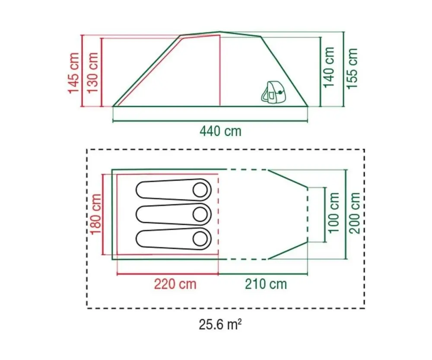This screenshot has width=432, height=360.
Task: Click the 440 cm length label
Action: (x=220, y=131)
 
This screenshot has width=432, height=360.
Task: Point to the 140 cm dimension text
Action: (x=330, y=67)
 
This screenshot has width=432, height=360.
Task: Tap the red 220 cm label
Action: (x=175, y=284)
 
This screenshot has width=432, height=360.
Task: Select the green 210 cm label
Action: (x=266, y=284)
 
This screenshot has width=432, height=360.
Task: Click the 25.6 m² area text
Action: (x=220, y=325)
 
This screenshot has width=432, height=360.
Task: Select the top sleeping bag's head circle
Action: (x=200, y=189)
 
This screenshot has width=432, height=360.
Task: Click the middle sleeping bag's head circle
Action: (x=200, y=214)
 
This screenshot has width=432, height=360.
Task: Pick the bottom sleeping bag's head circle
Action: (x=200, y=238)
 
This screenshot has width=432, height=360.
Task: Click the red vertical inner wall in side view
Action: (x=220, y=71)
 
